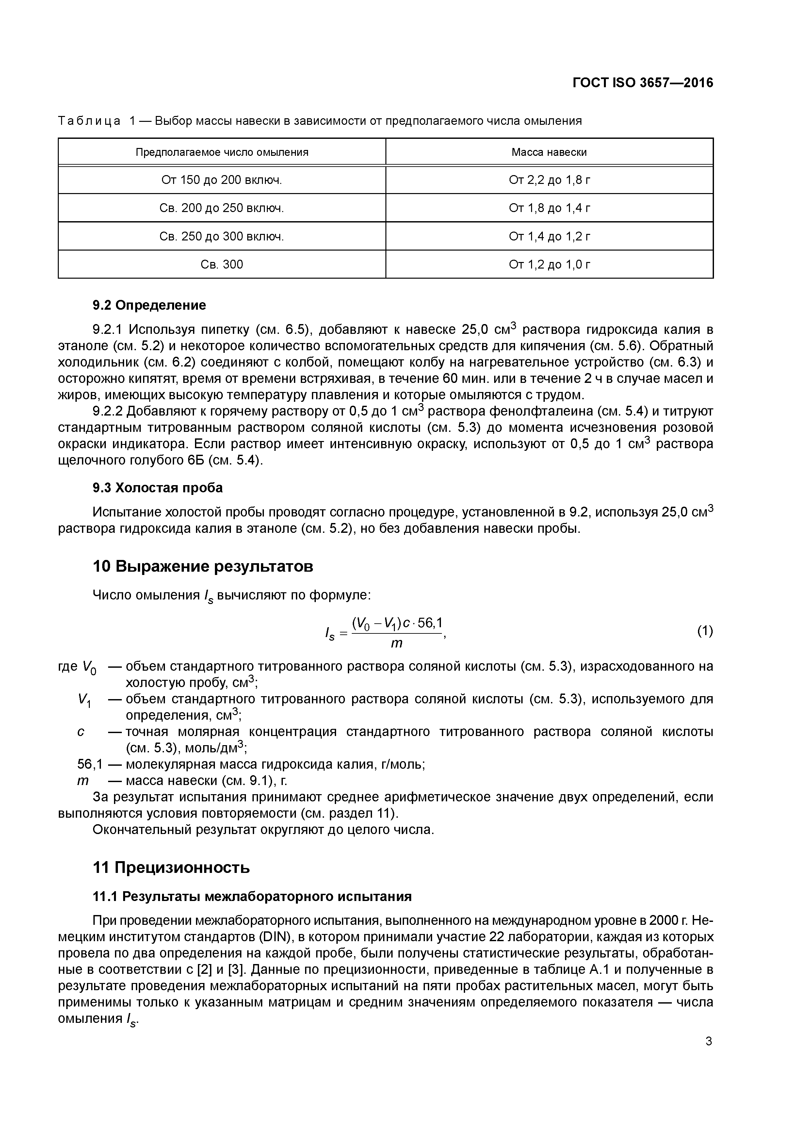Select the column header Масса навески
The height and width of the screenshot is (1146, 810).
click(x=549, y=152)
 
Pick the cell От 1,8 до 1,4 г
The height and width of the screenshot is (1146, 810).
click(x=549, y=208)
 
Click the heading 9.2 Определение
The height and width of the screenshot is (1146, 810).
click(x=149, y=305)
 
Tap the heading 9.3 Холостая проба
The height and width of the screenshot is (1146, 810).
click(x=158, y=488)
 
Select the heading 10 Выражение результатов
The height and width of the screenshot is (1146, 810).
click(x=203, y=566)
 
